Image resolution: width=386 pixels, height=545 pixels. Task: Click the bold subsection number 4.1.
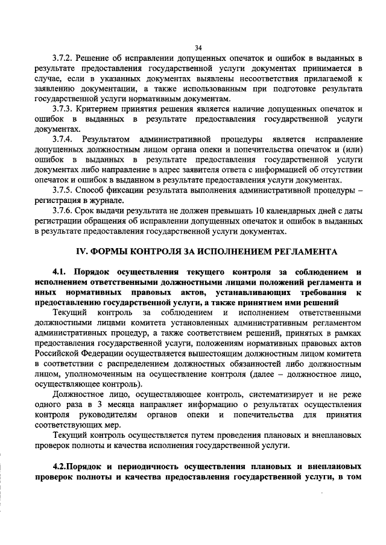coord(62,272)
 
